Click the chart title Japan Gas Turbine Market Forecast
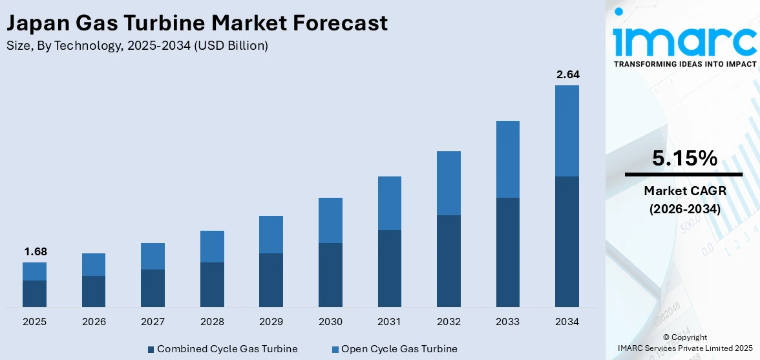[x=196, y=23]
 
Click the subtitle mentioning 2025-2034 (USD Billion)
[x=136, y=46]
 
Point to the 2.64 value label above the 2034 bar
[x=567, y=74]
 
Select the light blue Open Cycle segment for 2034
[x=567, y=131]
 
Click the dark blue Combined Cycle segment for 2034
[x=567, y=241]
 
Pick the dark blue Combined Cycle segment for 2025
[x=34, y=293]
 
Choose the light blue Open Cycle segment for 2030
[x=330, y=220]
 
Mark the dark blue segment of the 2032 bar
[x=449, y=260]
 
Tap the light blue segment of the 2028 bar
[x=212, y=246]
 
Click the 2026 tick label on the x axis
[x=94, y=322]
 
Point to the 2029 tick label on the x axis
[x=271, y=322]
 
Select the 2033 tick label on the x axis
[x=508, y=322]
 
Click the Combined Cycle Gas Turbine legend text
[x=227, y=349]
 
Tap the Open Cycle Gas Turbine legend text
[x=399, y=349]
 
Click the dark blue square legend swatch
[x=151, y=350]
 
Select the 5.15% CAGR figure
[x=684, y=158]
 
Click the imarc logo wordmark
[x=684, y=40]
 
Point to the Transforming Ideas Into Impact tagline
[x=684, y=64]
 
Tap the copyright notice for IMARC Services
[x=685, y=343]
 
